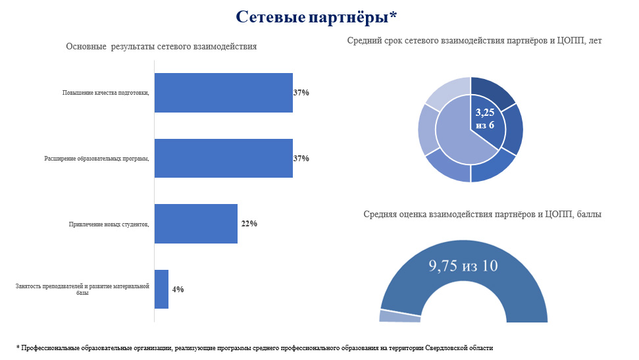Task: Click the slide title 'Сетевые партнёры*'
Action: click(317, 17)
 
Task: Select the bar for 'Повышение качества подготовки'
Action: click(223, 93)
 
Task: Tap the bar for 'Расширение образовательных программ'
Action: click(223, 158)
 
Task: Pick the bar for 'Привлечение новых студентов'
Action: click(195, 224)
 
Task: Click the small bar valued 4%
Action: click(161, 289)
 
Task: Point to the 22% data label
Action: click(249, 224)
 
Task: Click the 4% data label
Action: click(178, 289)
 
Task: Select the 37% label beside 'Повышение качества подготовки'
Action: click(301, 93)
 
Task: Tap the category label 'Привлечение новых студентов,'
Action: click(109, 224)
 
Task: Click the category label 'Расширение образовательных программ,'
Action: click(97, 159)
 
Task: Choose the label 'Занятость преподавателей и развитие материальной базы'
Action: click(82, 289)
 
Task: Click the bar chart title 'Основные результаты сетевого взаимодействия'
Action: click(161, 47)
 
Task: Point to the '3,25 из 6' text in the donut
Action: click(485, 119)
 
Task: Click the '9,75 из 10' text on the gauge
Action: click(463, 266)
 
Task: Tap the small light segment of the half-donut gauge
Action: click(399, 317)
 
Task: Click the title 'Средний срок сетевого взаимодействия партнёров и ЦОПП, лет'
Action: click(474, 41)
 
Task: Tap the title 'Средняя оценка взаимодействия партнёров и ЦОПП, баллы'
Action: click(482, 214)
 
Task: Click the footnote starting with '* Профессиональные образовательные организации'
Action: click(255, 347)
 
